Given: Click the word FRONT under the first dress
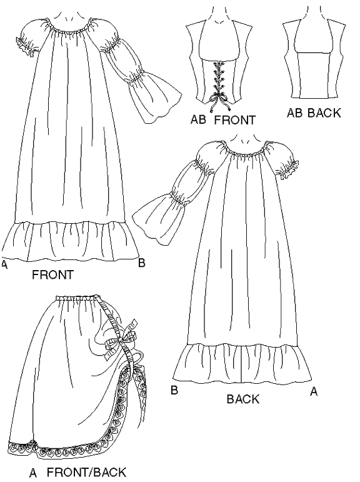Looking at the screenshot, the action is click(x=53, y=274).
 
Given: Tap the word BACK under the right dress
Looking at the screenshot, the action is click(x=243, y=399).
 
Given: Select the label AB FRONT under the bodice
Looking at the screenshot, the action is click(x=223, y=119).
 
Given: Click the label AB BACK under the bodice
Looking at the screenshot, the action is click(x=314, y=113).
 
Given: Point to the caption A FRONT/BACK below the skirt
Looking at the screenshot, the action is click(x=77, y=472).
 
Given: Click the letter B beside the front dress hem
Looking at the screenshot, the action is click(x=141, y=263).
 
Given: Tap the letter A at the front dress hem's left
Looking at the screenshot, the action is click(x=4, y=264).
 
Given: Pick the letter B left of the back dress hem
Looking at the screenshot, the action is click(x=174, y=390).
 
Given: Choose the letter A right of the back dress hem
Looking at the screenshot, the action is click(x=314, y=391).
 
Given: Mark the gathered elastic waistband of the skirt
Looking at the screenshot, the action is click(x=78, y=298).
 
